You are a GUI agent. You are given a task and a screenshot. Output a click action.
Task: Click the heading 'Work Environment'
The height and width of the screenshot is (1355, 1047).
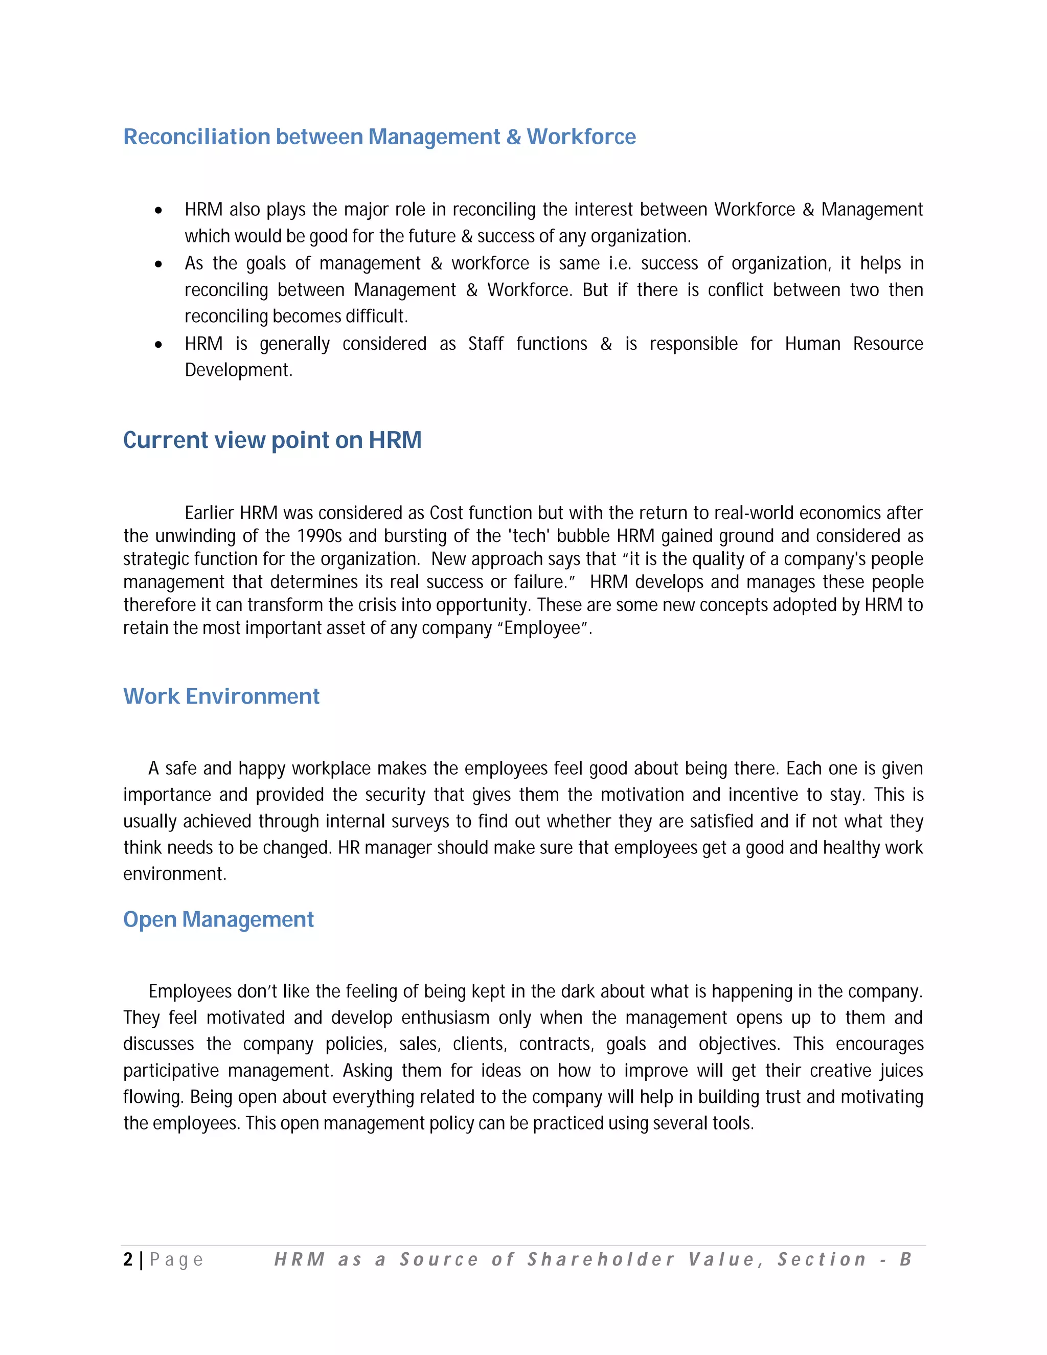(x=221, y=696)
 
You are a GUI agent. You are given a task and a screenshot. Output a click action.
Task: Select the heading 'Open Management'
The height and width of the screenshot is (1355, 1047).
(x=218, y=919)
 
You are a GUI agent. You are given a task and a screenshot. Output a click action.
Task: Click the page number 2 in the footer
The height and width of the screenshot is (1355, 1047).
(x=128, y=1259)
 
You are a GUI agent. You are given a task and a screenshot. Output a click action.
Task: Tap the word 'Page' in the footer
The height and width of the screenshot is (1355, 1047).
(x=176, y=1260)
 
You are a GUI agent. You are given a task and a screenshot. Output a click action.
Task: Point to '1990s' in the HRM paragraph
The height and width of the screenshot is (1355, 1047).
(x=320, y=536)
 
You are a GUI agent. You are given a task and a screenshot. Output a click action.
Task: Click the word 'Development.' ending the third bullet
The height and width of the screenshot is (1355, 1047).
(x=238, y=370)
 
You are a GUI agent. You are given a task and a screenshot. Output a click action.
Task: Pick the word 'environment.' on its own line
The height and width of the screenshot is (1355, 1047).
(x=174, y=874)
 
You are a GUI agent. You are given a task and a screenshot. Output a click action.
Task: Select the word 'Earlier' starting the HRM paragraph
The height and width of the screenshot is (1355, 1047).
(x=209, y=513)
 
